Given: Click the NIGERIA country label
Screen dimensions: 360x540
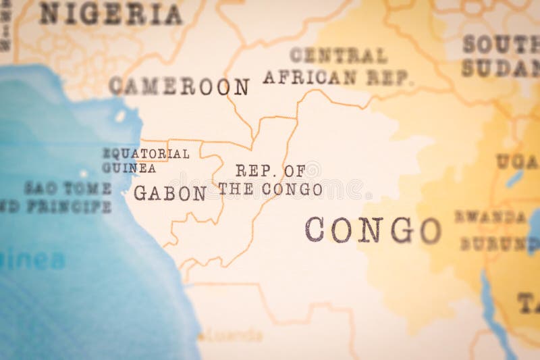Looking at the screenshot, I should (x=111, y=14).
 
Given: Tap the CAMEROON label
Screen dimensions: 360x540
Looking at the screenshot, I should (x=179, y=86).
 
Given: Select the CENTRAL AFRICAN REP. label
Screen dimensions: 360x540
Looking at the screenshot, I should (x=337, y=66).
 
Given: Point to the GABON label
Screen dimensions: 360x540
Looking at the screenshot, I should (x=170, y=194).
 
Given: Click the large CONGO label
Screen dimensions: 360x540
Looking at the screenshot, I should (x=373, y=230).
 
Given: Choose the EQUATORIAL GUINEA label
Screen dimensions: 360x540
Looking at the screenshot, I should (x=145, y=161).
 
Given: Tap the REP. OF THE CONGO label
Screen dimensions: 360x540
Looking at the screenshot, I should (x=270, y=180).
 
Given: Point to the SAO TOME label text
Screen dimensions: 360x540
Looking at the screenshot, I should (x=68, y=188).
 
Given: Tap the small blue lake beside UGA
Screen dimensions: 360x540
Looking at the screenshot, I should (x=514, y=178).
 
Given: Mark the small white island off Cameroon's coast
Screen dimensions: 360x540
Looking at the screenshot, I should (x=120, y=116).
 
